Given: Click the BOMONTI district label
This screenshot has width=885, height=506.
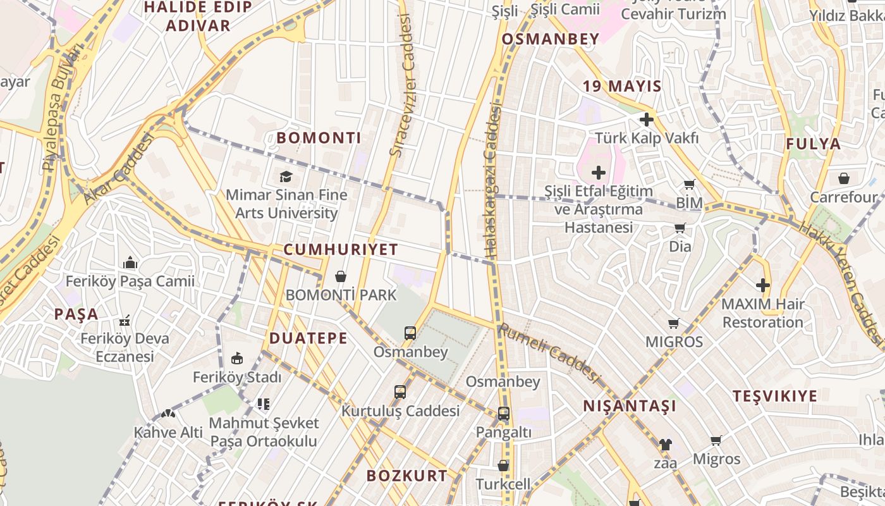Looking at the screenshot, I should pyautogui.click(x=319, y=138).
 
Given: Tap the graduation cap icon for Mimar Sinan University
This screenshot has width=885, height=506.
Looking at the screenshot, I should pyautogui.click(x=286, y=176).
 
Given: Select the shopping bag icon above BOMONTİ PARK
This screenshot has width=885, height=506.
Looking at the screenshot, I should pyautogui.click(x=341, y=276).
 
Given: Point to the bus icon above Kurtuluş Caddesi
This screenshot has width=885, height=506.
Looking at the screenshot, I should pyautogui.click(x=400, y=392).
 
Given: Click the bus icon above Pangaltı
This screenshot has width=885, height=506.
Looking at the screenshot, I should pyautogui.click(x=503, y=414).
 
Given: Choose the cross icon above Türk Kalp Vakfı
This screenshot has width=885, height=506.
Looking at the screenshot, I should pyautogui.click(x=646, y=119).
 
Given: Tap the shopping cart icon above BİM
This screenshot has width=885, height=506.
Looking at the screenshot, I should pyautogui.click(x=689, y=185).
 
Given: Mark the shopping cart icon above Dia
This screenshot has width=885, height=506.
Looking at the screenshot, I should pyautogui.click(x=680, y=228).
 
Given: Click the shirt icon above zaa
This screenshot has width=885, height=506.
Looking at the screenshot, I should pyautogui.click(x=664, y=445).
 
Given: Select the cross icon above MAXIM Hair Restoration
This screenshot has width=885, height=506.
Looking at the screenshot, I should pyautogui.click(x=763, y=285).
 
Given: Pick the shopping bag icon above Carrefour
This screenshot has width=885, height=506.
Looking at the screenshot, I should pyautogui.click(x=843, y=178).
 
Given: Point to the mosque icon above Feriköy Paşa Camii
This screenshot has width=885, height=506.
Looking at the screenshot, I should pyautogui.click(x=130, y=262).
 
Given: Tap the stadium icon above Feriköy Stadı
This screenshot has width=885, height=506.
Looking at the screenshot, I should pyautogui.click(x=236, y=359).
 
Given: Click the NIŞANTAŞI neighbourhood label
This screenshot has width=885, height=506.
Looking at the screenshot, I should pyautogui.click(x=629, y=406).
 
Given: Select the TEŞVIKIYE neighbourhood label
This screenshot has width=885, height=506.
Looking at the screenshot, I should pyautogui.click(x=774, y=397).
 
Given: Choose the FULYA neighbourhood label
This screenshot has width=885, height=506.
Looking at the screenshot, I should pyautogui.click(x=813, y=144).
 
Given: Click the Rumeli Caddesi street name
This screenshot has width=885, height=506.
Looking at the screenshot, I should pyautogui.click(x=549, y=353).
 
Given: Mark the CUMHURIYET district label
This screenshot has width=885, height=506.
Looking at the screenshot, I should pyautogui.click(x=340, y=249).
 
